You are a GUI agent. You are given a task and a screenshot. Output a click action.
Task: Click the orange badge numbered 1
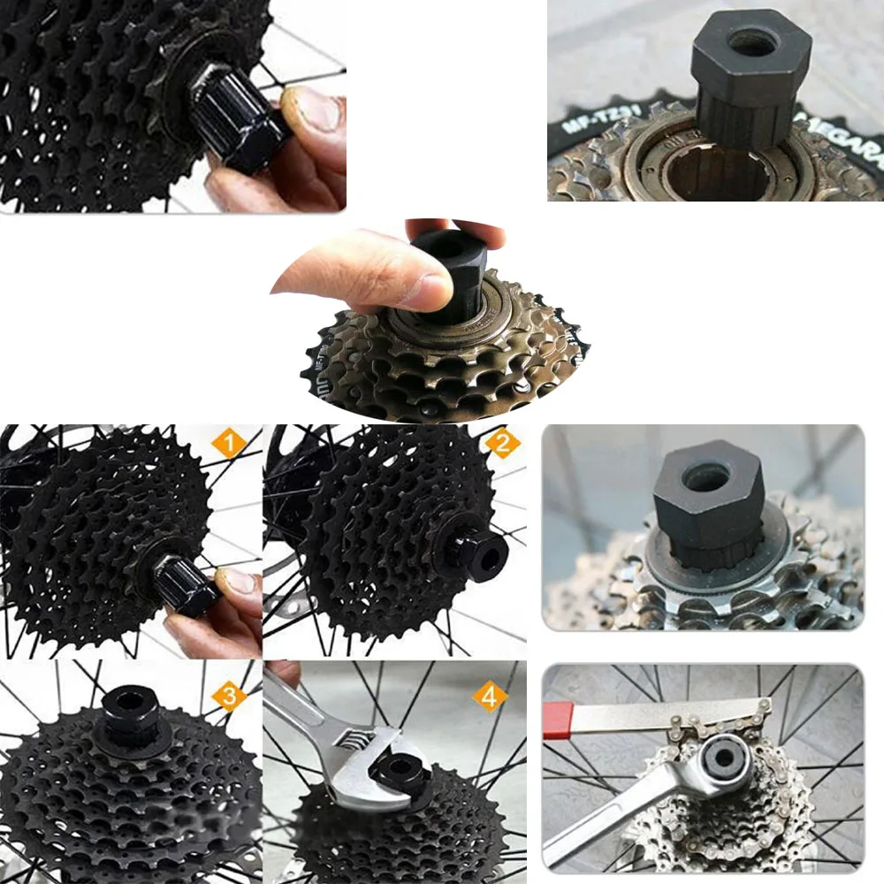227,444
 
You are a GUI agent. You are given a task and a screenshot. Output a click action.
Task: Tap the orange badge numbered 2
502,444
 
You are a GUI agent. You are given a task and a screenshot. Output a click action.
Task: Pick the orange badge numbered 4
489,696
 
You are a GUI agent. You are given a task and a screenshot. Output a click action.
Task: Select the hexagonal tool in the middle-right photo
707,504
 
